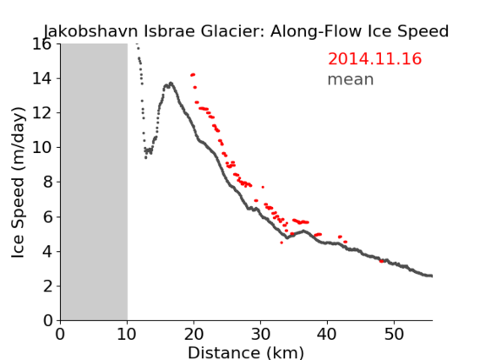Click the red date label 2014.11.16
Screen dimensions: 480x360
[374, 59]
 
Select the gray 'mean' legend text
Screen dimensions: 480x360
[351, 79]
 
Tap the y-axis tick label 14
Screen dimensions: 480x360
[42, 79]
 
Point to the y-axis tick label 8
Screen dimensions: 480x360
[47, 183]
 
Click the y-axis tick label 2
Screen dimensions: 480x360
[47, 286]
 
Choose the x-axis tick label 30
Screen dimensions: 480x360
[260, 334]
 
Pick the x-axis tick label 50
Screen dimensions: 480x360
[394, 334]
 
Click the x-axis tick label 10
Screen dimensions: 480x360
[127, 334]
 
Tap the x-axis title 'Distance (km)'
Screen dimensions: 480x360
[246, 352]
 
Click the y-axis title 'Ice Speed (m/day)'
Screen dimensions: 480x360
[18, 183]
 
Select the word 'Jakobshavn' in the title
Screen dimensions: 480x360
[90, 31]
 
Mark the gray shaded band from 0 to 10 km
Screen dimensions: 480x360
[94, 183]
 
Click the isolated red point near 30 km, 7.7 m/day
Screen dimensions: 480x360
[263, 187]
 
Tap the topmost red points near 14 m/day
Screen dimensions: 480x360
[193, 74]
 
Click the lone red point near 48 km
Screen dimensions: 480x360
[381, 261]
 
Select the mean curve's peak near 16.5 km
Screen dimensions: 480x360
[171, 83]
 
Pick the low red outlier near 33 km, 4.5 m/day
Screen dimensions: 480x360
[281, 243]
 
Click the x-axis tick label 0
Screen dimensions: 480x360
[60, 334]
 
